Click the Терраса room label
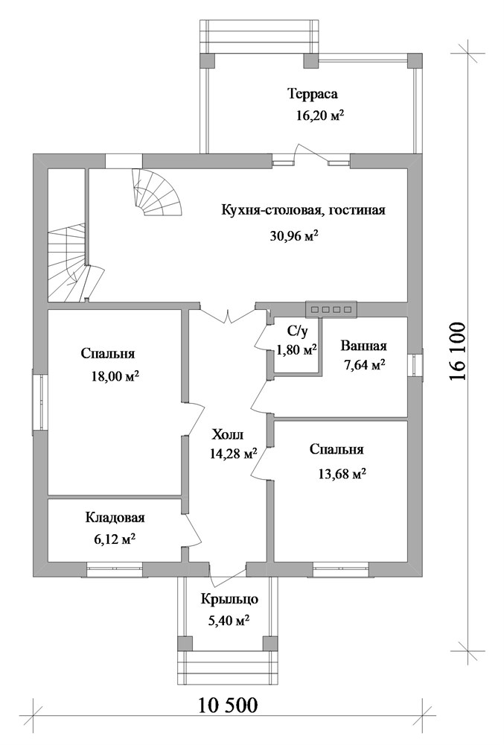(313, 94)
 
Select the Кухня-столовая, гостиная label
(303, 210)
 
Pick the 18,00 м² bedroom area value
(115, 377)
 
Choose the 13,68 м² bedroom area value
(342, 473)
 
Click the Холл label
(227, 434)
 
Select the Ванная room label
(363, 346)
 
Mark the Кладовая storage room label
(115, 518)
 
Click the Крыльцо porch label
(229, 600)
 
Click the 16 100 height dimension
(456, 352)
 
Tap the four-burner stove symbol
(331, 309)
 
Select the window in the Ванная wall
(415, 365)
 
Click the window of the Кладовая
(115, 569)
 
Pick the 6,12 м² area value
(115, 539)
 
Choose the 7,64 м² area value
(363, 365)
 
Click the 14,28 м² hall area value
(234, 454)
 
